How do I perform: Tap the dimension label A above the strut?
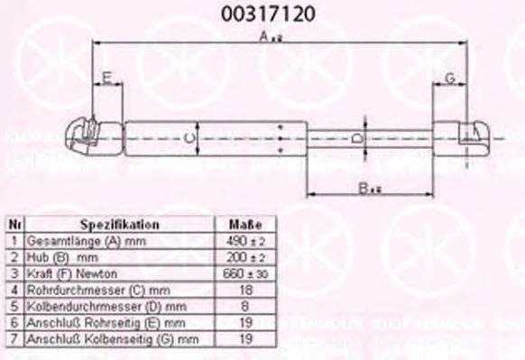pos(263,36)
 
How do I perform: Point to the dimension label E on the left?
pos(106,78)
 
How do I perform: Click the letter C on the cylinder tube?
pos(187,137)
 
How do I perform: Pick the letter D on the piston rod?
pos(356,137)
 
